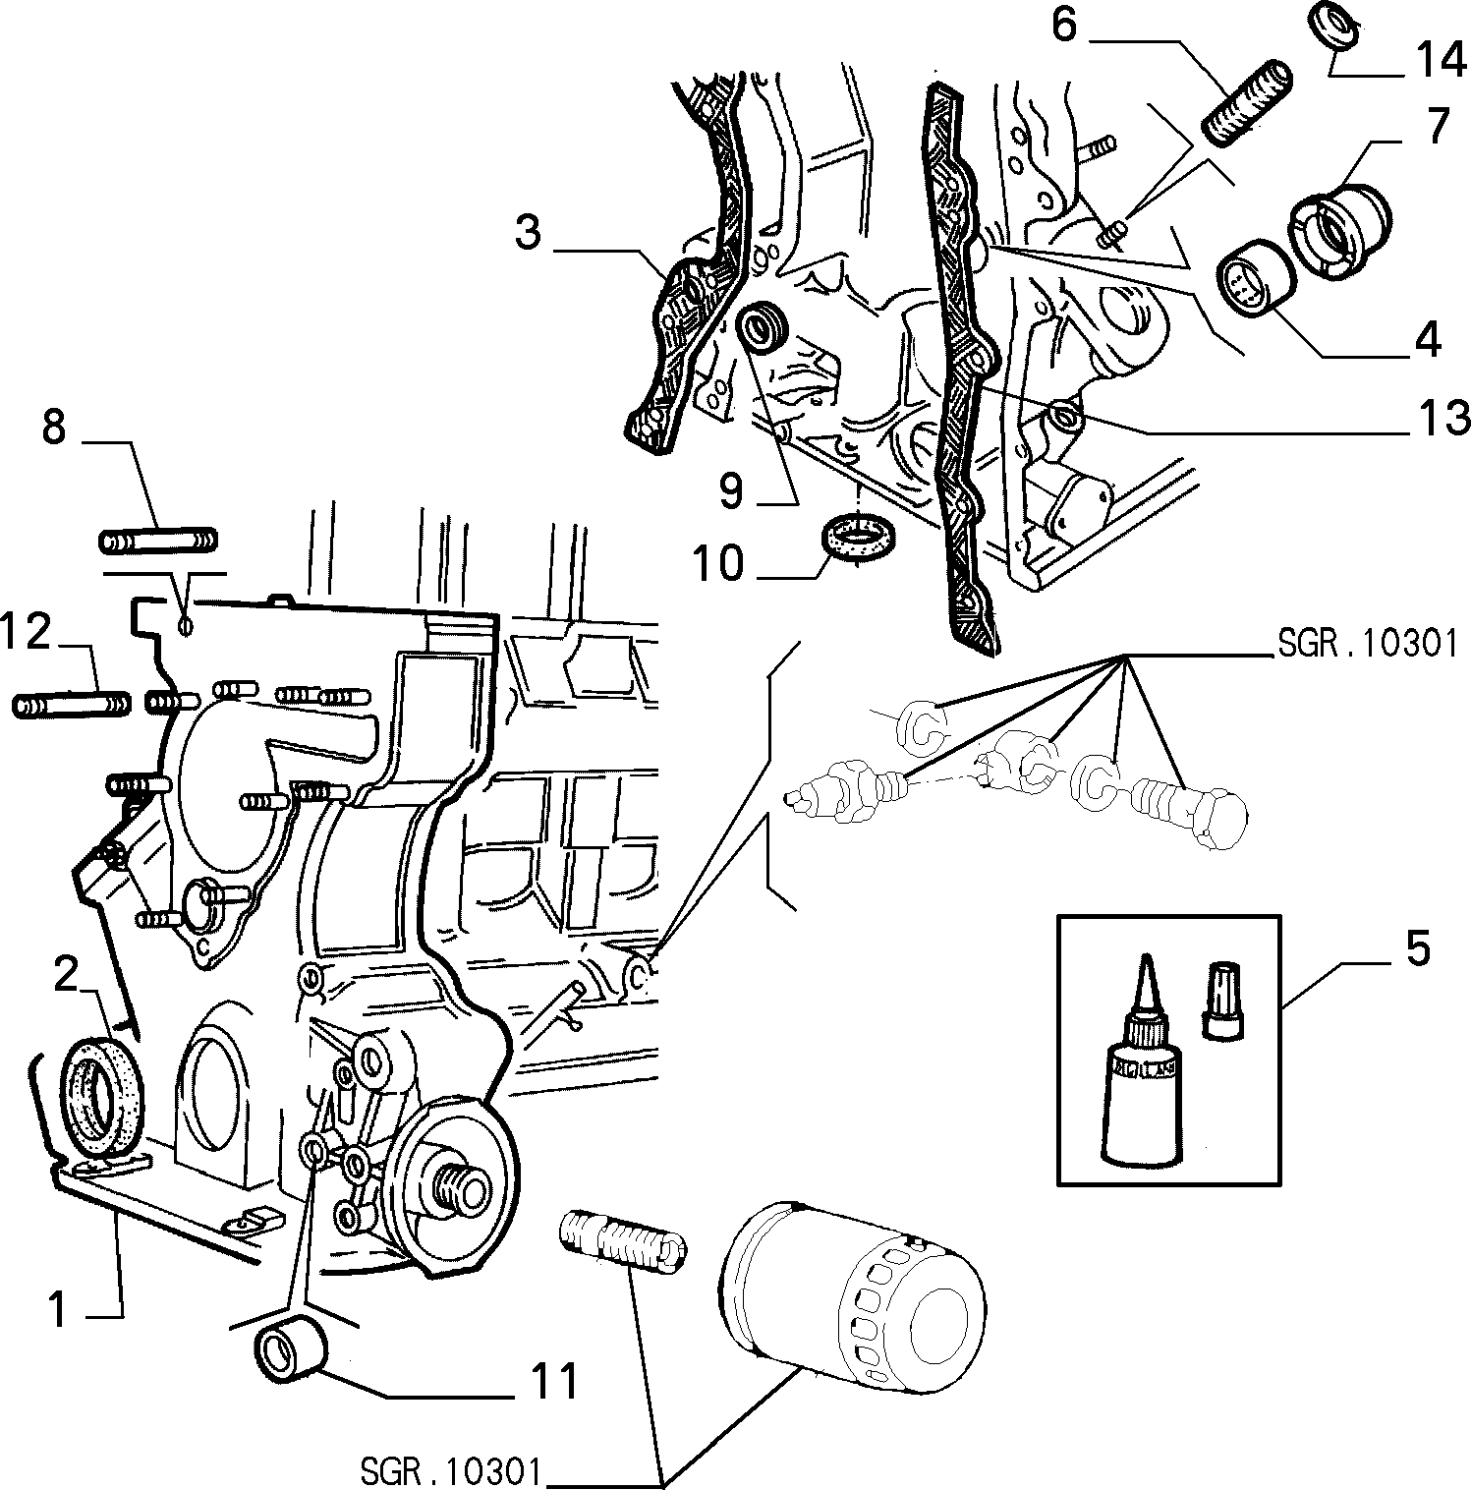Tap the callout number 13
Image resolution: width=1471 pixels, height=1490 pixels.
tap(1440, 419)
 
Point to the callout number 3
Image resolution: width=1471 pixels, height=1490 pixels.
tap(530, 234)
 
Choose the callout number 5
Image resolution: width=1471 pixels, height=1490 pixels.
tap(1417, 951)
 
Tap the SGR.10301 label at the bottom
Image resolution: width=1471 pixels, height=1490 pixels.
tap(451, 1473)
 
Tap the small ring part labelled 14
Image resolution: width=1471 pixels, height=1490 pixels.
tap(1333, 26)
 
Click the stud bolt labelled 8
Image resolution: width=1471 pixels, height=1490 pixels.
tap(158, 541)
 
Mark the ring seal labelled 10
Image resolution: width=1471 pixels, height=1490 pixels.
tap(858, 538)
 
